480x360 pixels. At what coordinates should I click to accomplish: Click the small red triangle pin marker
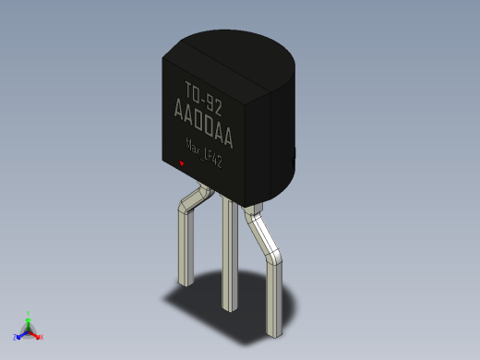coord(182,164)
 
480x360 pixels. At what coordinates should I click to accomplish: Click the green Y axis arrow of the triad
coord(29,317)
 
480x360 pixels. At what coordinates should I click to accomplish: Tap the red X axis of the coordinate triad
coord(39,337)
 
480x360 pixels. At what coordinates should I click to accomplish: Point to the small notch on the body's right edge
coord(294,158)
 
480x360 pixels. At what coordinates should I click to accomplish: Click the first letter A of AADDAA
coord(179,114)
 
